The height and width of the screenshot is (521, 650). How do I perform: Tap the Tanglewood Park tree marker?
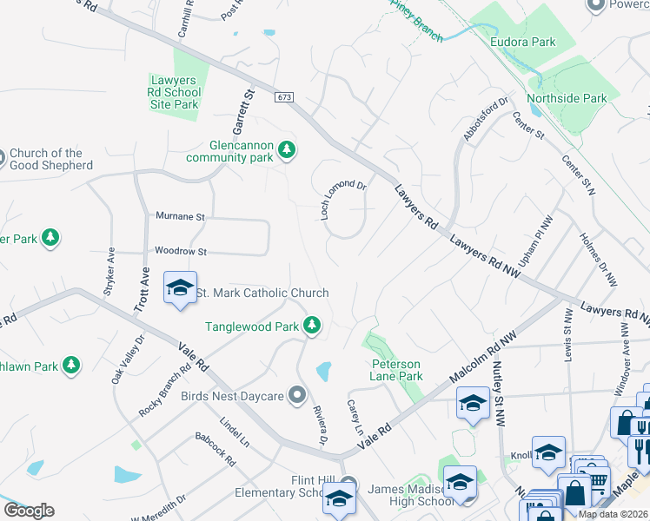click(x=312, y=326)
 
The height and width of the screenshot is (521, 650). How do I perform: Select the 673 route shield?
click(x=284, y=96)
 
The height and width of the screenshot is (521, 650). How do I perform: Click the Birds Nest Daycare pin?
click(x=297, y=396)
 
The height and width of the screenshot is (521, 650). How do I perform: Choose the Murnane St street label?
click(x=179, y=216)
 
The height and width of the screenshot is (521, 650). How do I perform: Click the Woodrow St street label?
click(x=180, y=252)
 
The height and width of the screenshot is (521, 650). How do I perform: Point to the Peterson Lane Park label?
click(x=396, y=370)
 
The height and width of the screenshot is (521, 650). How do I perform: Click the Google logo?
click(x=29, y=511)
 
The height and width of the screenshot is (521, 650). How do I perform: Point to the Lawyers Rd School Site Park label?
click(x=174, y=92)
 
